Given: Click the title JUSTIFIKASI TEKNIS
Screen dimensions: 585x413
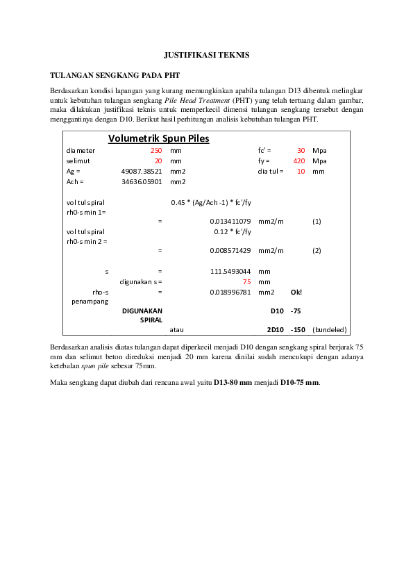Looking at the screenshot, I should point(206,54).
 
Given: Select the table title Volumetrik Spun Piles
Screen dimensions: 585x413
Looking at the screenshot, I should point(158,138).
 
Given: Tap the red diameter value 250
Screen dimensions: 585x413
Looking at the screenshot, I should point(155,150).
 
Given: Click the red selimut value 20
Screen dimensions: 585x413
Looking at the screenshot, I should point(158,160).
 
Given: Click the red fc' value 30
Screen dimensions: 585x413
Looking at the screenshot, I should point(301,150).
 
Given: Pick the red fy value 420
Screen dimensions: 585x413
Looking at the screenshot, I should point(299,160).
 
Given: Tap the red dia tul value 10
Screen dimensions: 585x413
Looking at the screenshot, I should point(301,171).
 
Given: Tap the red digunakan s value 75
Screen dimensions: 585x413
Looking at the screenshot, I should point(246,281).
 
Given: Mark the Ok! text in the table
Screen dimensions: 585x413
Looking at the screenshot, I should point(296,292).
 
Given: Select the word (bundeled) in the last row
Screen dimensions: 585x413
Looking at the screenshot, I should point(330,329).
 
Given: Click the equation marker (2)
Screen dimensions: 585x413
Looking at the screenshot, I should point(317,250).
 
